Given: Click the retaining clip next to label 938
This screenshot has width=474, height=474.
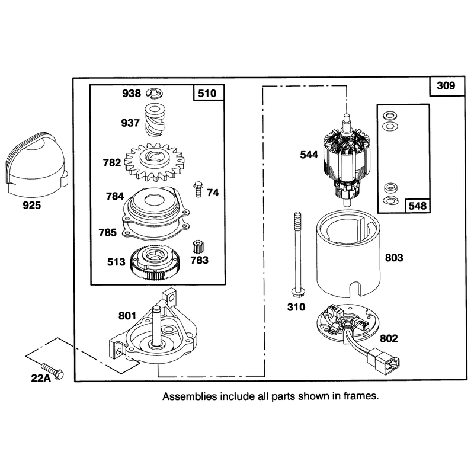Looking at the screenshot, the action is coord(155,94).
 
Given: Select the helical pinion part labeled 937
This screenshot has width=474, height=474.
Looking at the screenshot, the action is coord(155,120).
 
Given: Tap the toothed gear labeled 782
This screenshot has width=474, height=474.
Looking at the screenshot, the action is coord(154,162).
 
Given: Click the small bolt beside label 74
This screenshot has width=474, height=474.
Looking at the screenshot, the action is coord(198,189).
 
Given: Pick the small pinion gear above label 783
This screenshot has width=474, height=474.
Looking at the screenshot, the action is coord(198,247).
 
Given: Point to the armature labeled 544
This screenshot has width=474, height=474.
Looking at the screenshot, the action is coord(347,159).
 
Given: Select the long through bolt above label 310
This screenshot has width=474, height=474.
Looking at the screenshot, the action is coord(298,254).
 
